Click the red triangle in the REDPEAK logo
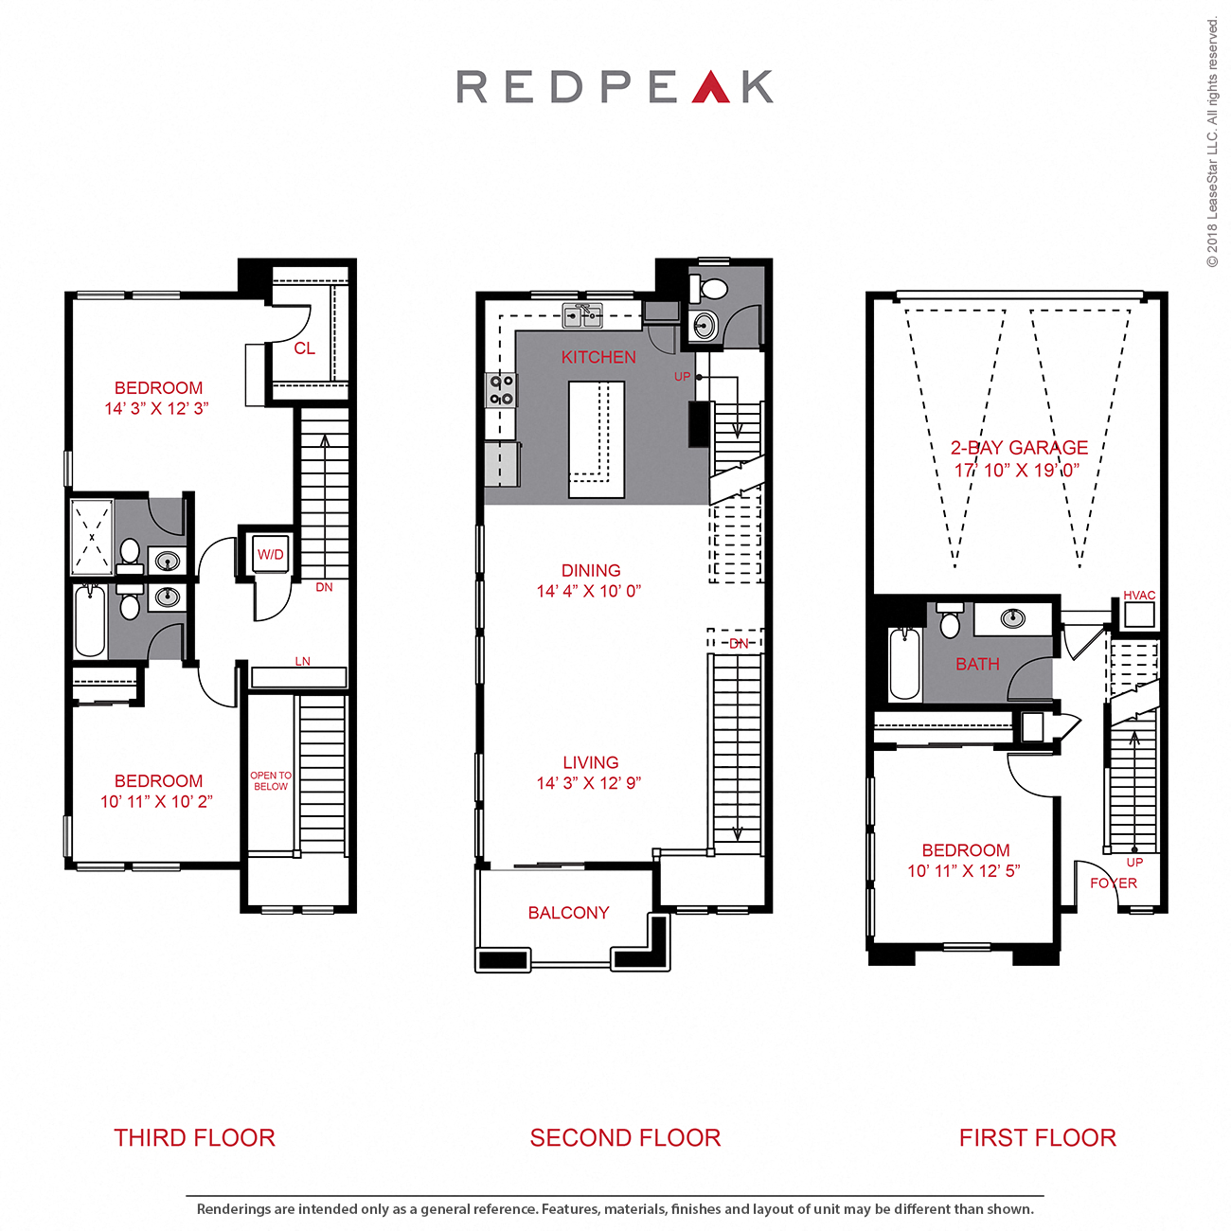(x=710, y=88)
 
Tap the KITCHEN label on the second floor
(x=598, y=357)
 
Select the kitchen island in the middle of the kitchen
(x=596, y=438)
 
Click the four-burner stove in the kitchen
(x=501, y=389)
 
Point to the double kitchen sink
(x=582, y=315)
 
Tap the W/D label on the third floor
(x=271, y=555)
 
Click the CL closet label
(x=304, y=348)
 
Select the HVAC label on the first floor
(x=1139, y=596)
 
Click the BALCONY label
(x=568, y=913)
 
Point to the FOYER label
(x=1114, y=883)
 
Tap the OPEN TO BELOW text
(x=271, y=781)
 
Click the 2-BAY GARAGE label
(x=1019, y=448)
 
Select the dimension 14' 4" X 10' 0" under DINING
(x=589, y=592)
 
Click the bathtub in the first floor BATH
(x=904, y=664)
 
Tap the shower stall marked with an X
(x=92, y=537)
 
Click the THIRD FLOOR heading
(x=194, y=1137)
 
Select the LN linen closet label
(x=302, y=661)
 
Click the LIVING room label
(x=591, y=762)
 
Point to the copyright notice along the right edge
(x=1212, y=142)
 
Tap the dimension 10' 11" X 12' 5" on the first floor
(x=964, y=871)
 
